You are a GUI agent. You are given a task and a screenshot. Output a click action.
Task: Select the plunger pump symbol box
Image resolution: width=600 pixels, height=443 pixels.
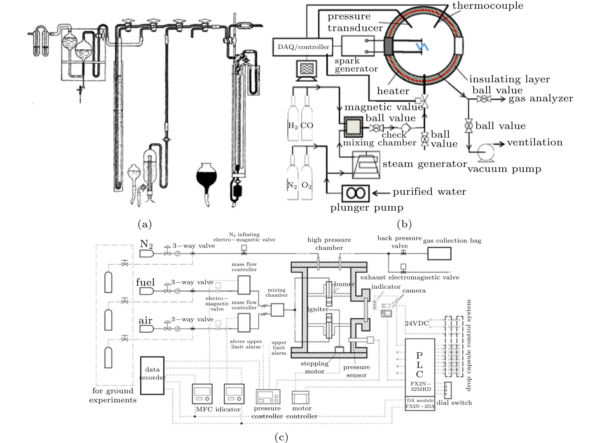(x=355, y=193)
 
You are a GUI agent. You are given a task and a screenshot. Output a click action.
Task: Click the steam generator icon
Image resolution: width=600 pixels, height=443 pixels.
(x=366, y=164)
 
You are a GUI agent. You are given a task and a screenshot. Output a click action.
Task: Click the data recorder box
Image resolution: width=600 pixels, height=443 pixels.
(x=152, y=375)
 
